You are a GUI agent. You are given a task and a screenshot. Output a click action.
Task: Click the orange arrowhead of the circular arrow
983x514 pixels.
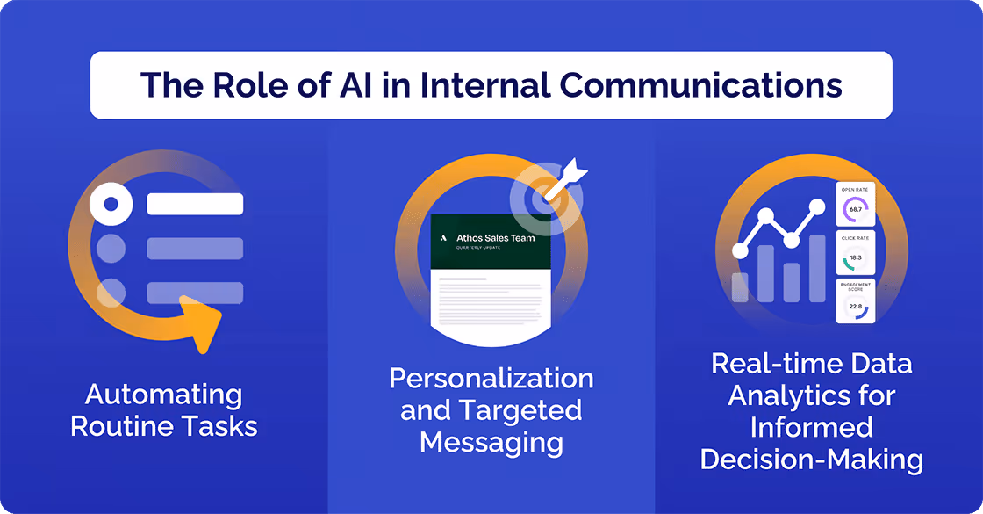point(201,322)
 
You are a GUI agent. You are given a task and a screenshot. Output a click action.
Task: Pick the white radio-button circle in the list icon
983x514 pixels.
point(111,205)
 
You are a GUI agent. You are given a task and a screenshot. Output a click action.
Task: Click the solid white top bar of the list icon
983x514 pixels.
point(195,205)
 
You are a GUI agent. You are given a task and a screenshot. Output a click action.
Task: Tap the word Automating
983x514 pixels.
point(164,395)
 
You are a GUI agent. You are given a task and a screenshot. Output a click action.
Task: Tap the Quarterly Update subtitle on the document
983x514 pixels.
point(479,248)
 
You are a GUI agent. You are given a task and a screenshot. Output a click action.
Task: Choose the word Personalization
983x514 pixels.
point(491,379)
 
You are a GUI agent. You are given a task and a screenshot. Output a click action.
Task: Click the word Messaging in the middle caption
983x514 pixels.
point(491,441)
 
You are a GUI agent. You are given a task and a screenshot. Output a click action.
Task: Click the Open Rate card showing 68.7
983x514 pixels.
point(856,205)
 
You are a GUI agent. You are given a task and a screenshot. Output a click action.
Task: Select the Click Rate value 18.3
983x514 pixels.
point(856,257)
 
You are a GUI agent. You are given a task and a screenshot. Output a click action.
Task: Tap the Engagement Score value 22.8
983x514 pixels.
point(856,307)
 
